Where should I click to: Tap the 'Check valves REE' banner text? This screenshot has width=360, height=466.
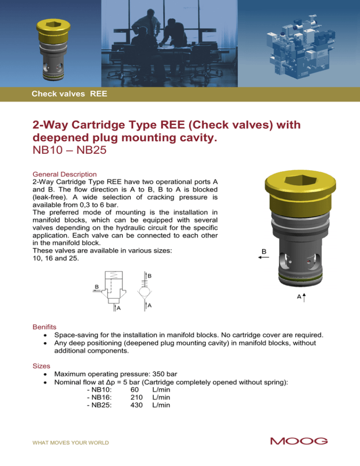click(69, 94)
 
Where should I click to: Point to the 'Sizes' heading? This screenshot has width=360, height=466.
click(41, 363)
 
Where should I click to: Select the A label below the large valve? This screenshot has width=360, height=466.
click(299, 296)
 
